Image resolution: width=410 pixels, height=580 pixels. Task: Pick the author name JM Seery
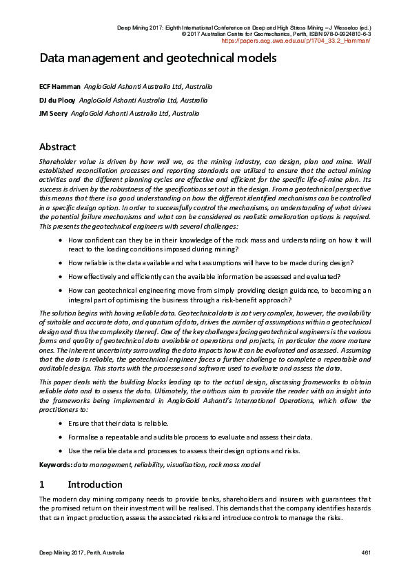point(53,113)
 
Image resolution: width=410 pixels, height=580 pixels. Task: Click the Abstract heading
point(57,147)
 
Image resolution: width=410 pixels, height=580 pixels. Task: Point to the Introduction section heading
point(95,484)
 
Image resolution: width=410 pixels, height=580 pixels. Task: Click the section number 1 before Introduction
point(42,484)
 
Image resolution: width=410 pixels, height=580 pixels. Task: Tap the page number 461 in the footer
point(366,553)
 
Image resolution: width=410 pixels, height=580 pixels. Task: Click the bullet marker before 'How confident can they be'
point(62,240)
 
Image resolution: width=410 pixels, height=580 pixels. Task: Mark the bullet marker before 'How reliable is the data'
point(62,262)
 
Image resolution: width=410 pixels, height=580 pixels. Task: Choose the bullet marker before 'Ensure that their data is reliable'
point(62,423)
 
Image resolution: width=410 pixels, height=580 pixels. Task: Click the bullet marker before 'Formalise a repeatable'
point(62,437)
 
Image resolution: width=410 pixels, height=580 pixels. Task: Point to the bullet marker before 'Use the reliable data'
point(62,451)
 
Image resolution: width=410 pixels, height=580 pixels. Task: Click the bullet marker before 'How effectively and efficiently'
point(62,276)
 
